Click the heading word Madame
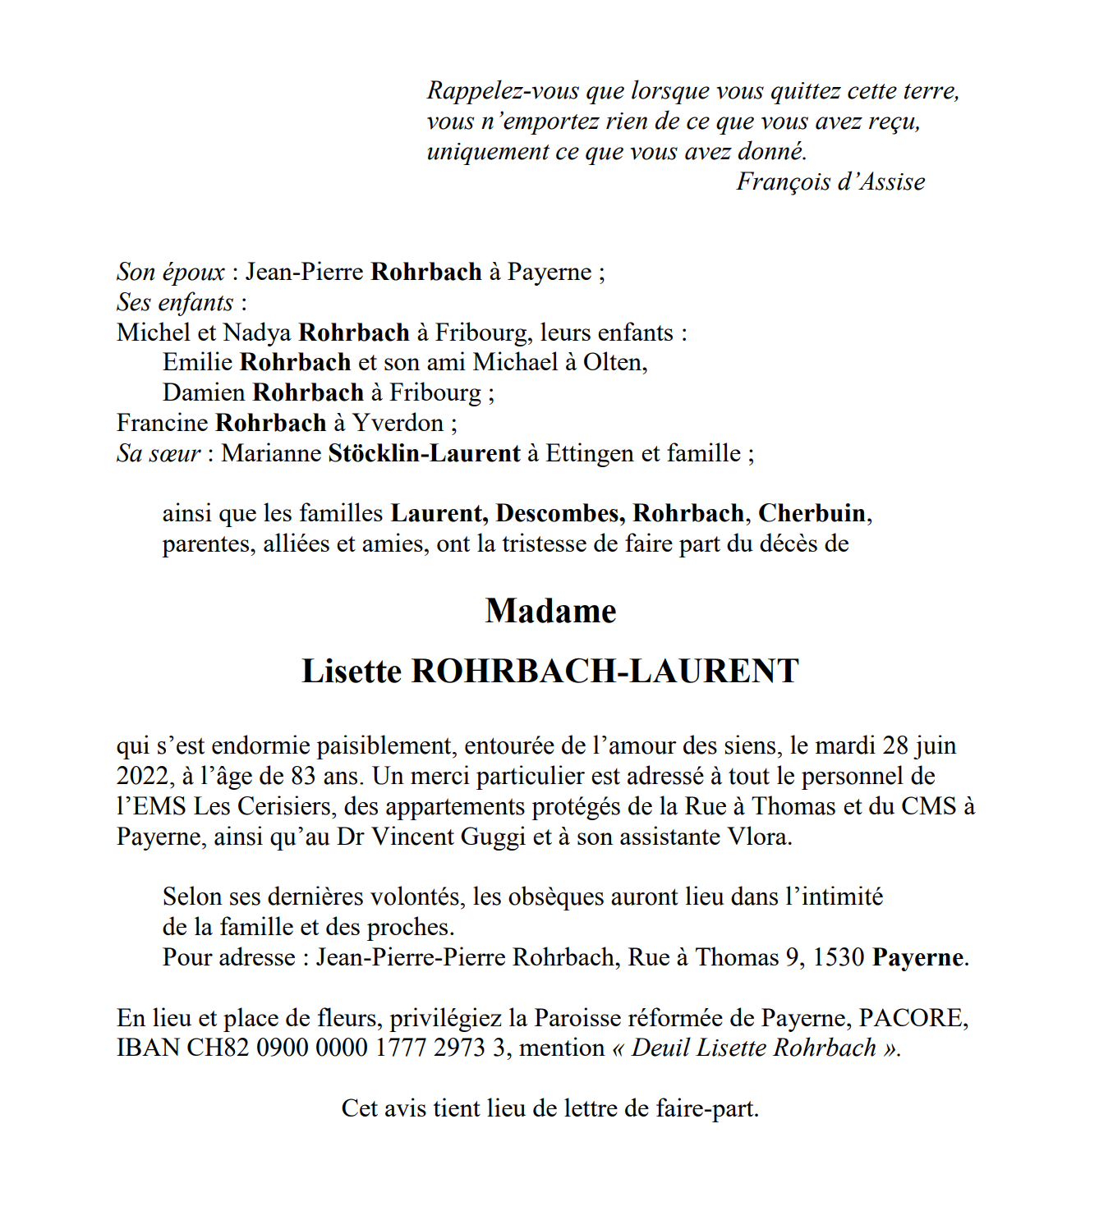click(x=550, y=612)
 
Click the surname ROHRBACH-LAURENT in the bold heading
click(x=605, y=672)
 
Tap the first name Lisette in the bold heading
click(x=352, y=672)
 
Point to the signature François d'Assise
click(x=830, y=182)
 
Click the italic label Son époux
click(x=171, y=273)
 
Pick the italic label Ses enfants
click(x=175, y=303)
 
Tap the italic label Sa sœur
click(x=159, y=454)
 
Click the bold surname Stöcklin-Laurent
click(x=424, y=454)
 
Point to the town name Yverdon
click(x=398, y=424)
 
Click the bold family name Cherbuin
click(x=812, y=514)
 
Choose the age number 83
click(x=304, y=777)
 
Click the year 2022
click(x=144, y=777)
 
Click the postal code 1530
click(x=838, y=958)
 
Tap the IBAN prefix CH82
click(x=218, y=1048)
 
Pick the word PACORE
click(x=912, y=1019)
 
